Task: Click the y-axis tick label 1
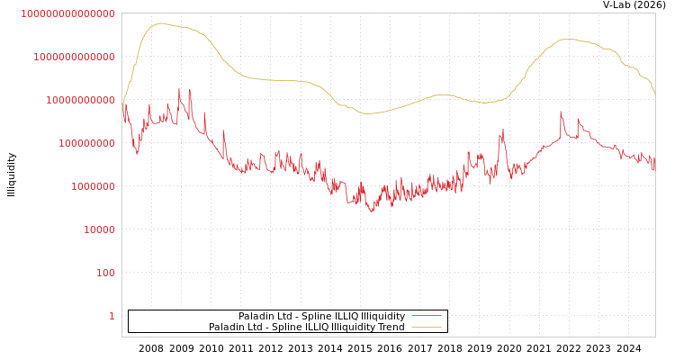[112, 316]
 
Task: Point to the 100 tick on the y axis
[105, 273]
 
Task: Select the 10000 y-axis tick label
[99, 229]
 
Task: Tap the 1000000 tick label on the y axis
[93, 186]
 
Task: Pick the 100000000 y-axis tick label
[86, 143]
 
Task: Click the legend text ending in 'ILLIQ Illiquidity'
[321, 317]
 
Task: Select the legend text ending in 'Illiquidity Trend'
[307, 328]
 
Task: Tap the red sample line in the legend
[426, 317]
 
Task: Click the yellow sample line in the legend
[426, 328]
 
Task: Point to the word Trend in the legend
[390, 328]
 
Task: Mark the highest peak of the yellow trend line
[161, 23]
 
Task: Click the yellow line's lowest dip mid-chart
[369, 113]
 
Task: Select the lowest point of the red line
[372, 211]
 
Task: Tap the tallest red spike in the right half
[561, 112]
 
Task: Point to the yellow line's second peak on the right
[567, 39]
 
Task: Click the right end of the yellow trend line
[654, 94]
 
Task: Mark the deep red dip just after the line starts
[138, 153]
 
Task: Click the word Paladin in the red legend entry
[256, 317]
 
